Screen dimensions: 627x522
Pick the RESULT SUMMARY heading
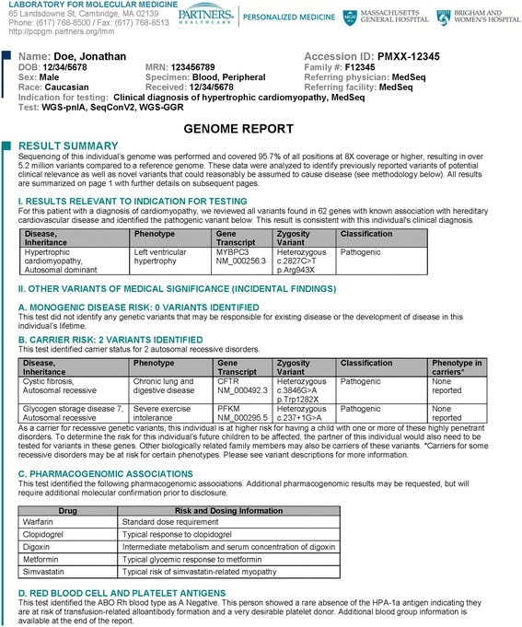coord(75,146)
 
